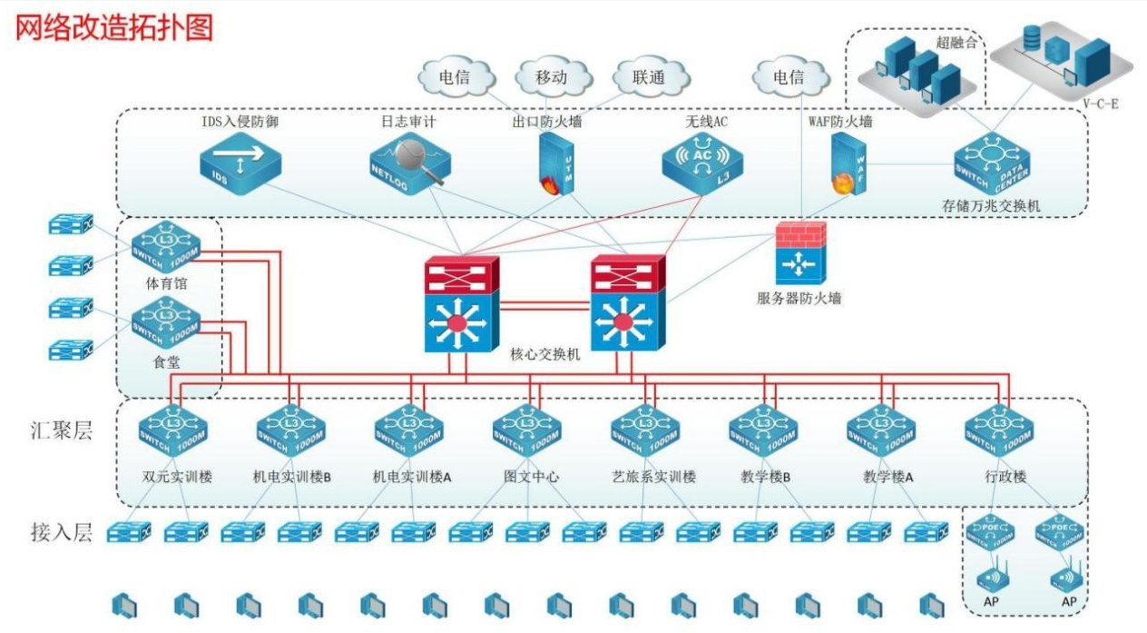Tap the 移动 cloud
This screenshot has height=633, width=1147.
click(551, 77)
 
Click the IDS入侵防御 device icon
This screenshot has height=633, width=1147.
click(240, 164)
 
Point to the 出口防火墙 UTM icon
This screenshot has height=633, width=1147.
click(552, 164)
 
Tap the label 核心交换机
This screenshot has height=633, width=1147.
click(545, 353)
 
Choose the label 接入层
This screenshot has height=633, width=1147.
click(61, 532)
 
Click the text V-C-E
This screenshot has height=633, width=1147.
click(1101, 104)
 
